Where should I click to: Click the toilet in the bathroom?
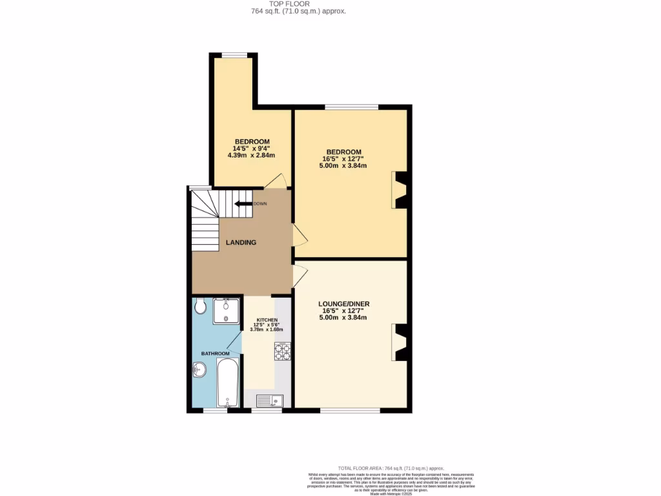click(x=199, y=306)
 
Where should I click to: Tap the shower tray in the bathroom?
click(x=226, y=311)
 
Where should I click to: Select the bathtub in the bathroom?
click(x=228, y=383)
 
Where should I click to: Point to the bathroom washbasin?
click(x=199, y=370)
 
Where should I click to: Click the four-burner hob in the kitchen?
click(x=282, y=351)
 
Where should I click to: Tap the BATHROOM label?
click(x=215, y=353)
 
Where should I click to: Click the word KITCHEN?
click(x=267, y=320)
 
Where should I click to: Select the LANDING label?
click(x=241, y=243)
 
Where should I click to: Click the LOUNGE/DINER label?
click(x=343, y=304)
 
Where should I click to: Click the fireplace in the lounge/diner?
click(x=400, y=342)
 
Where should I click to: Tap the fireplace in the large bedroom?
click(x=400, y=190)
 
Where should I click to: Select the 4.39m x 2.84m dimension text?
click(x=252, y=155)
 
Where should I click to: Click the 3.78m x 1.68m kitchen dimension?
click(x=267, y=330)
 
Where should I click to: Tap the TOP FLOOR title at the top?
click(x=289, y=4)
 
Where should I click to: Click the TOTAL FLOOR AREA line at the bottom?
click(x=391, y=468)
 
